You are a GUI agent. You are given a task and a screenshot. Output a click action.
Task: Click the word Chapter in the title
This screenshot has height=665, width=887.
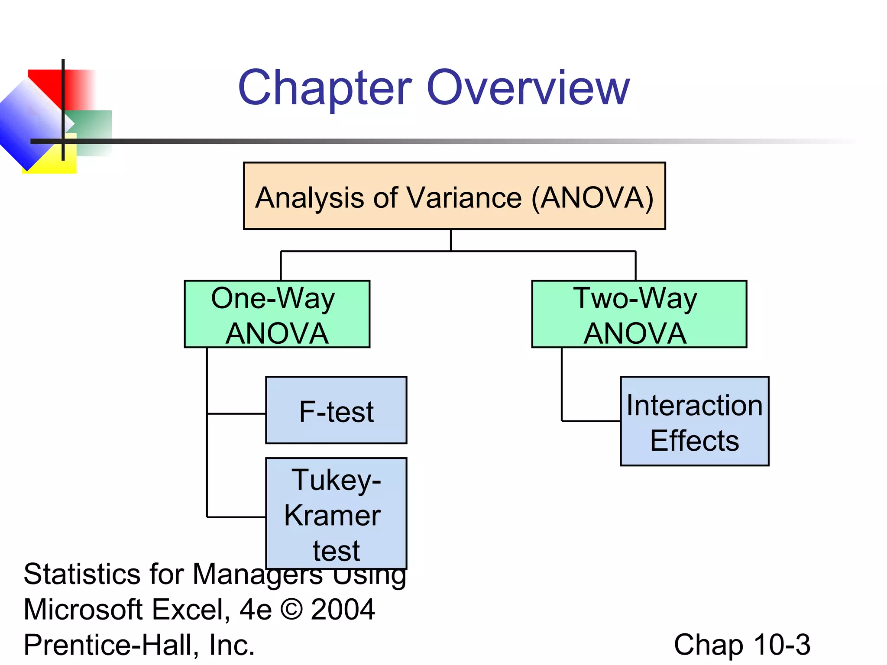[325, 89]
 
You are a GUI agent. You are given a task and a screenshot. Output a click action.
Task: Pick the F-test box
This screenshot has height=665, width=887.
[336, 411]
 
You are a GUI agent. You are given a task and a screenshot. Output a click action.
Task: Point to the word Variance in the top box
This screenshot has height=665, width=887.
[464, 198]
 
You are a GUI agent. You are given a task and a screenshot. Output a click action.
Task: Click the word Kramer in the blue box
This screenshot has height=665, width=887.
[332, 516]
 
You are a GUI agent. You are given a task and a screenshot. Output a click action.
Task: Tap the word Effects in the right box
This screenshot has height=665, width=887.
[694, 441]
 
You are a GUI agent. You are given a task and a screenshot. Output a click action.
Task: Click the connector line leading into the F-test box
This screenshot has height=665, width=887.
[236, 414]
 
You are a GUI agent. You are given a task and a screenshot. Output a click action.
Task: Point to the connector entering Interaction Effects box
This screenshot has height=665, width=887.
[591, 421]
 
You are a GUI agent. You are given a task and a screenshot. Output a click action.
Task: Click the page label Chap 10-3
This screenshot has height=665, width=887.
[741, 645]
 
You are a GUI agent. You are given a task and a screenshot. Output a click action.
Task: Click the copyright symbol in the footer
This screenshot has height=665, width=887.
[291, 609]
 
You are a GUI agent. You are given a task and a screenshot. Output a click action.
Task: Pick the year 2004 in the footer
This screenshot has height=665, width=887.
[343, 609]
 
